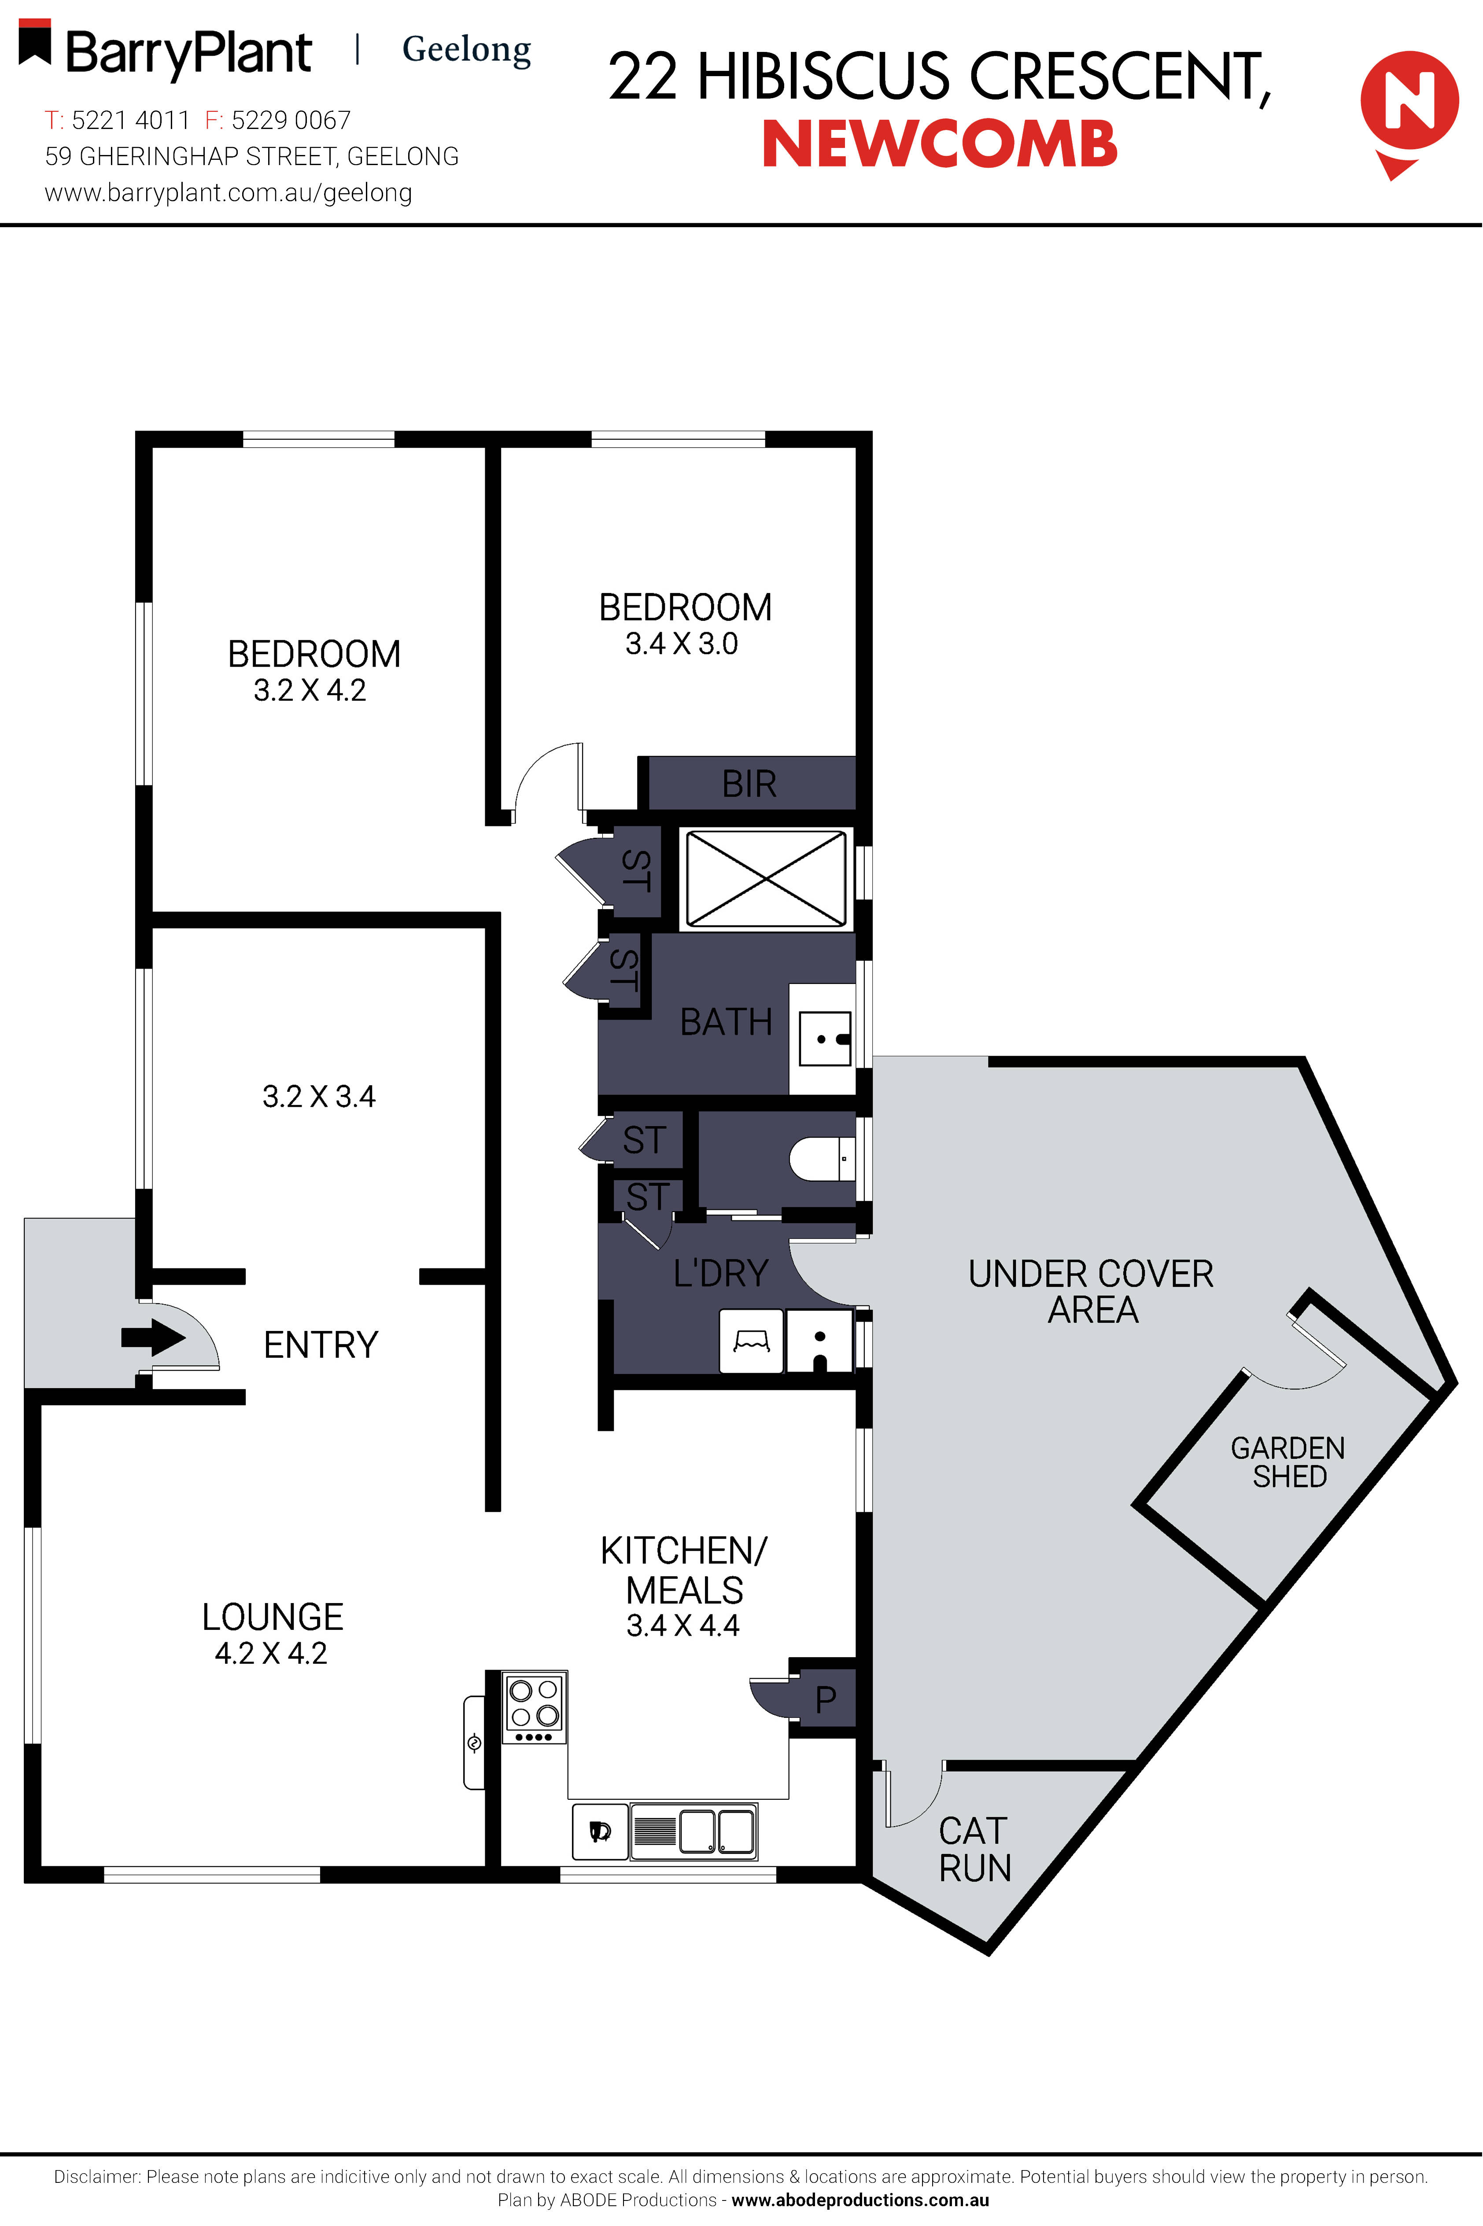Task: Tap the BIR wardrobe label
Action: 749,784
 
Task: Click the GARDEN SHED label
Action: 1288,1462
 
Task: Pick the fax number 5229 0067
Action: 290,120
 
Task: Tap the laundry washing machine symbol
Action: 751,1341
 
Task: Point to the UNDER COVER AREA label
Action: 1092,1292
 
